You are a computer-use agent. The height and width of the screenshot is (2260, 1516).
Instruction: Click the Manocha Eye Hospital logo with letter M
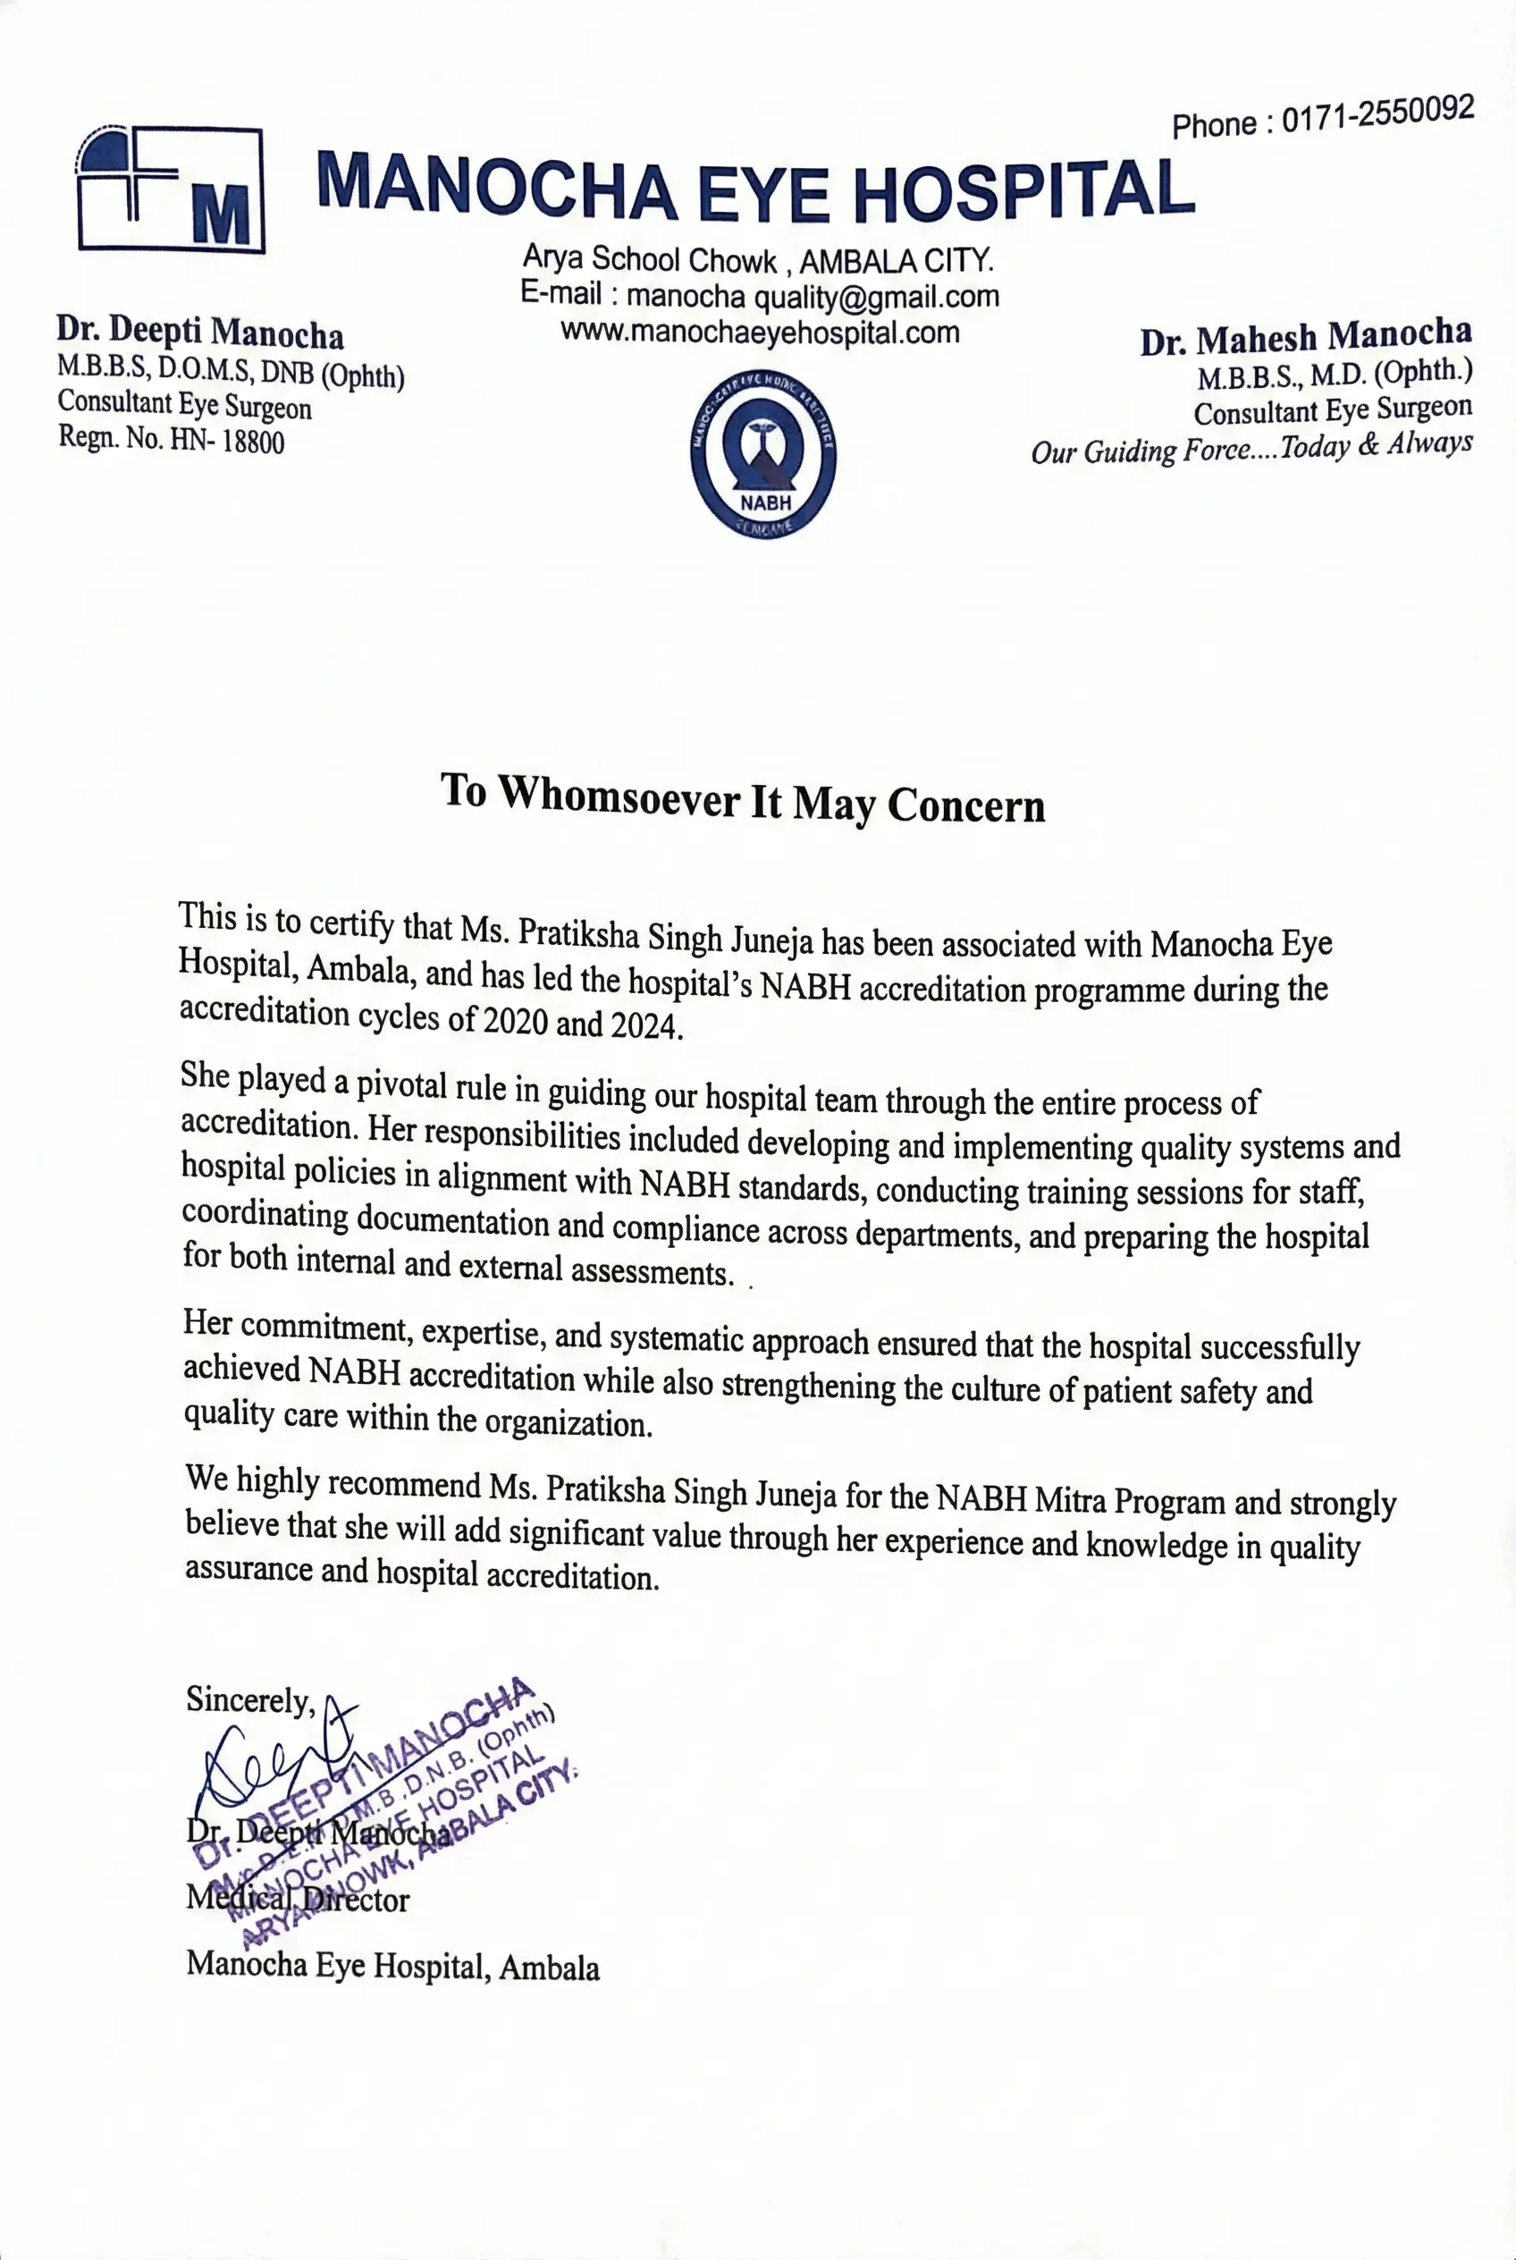click(170, 190)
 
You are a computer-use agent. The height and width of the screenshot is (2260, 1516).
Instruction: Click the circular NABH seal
click(763, 453)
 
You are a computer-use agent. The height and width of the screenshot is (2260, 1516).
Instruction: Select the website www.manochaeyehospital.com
click(760, 333)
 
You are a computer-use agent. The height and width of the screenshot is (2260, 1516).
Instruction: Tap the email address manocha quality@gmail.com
click(813, 296)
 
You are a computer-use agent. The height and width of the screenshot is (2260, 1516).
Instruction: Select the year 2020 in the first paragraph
click(516, 1020)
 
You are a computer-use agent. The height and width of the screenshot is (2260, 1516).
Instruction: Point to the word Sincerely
click(249, 1699)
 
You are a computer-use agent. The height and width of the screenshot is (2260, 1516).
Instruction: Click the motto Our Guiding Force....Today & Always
click(1251, 449)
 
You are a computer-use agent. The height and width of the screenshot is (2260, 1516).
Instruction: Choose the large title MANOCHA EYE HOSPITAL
click(755, 188)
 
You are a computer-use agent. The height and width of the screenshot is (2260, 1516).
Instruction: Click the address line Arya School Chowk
click(650, 259)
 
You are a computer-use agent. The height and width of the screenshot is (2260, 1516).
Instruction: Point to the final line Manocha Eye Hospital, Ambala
click(392, 1966)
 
